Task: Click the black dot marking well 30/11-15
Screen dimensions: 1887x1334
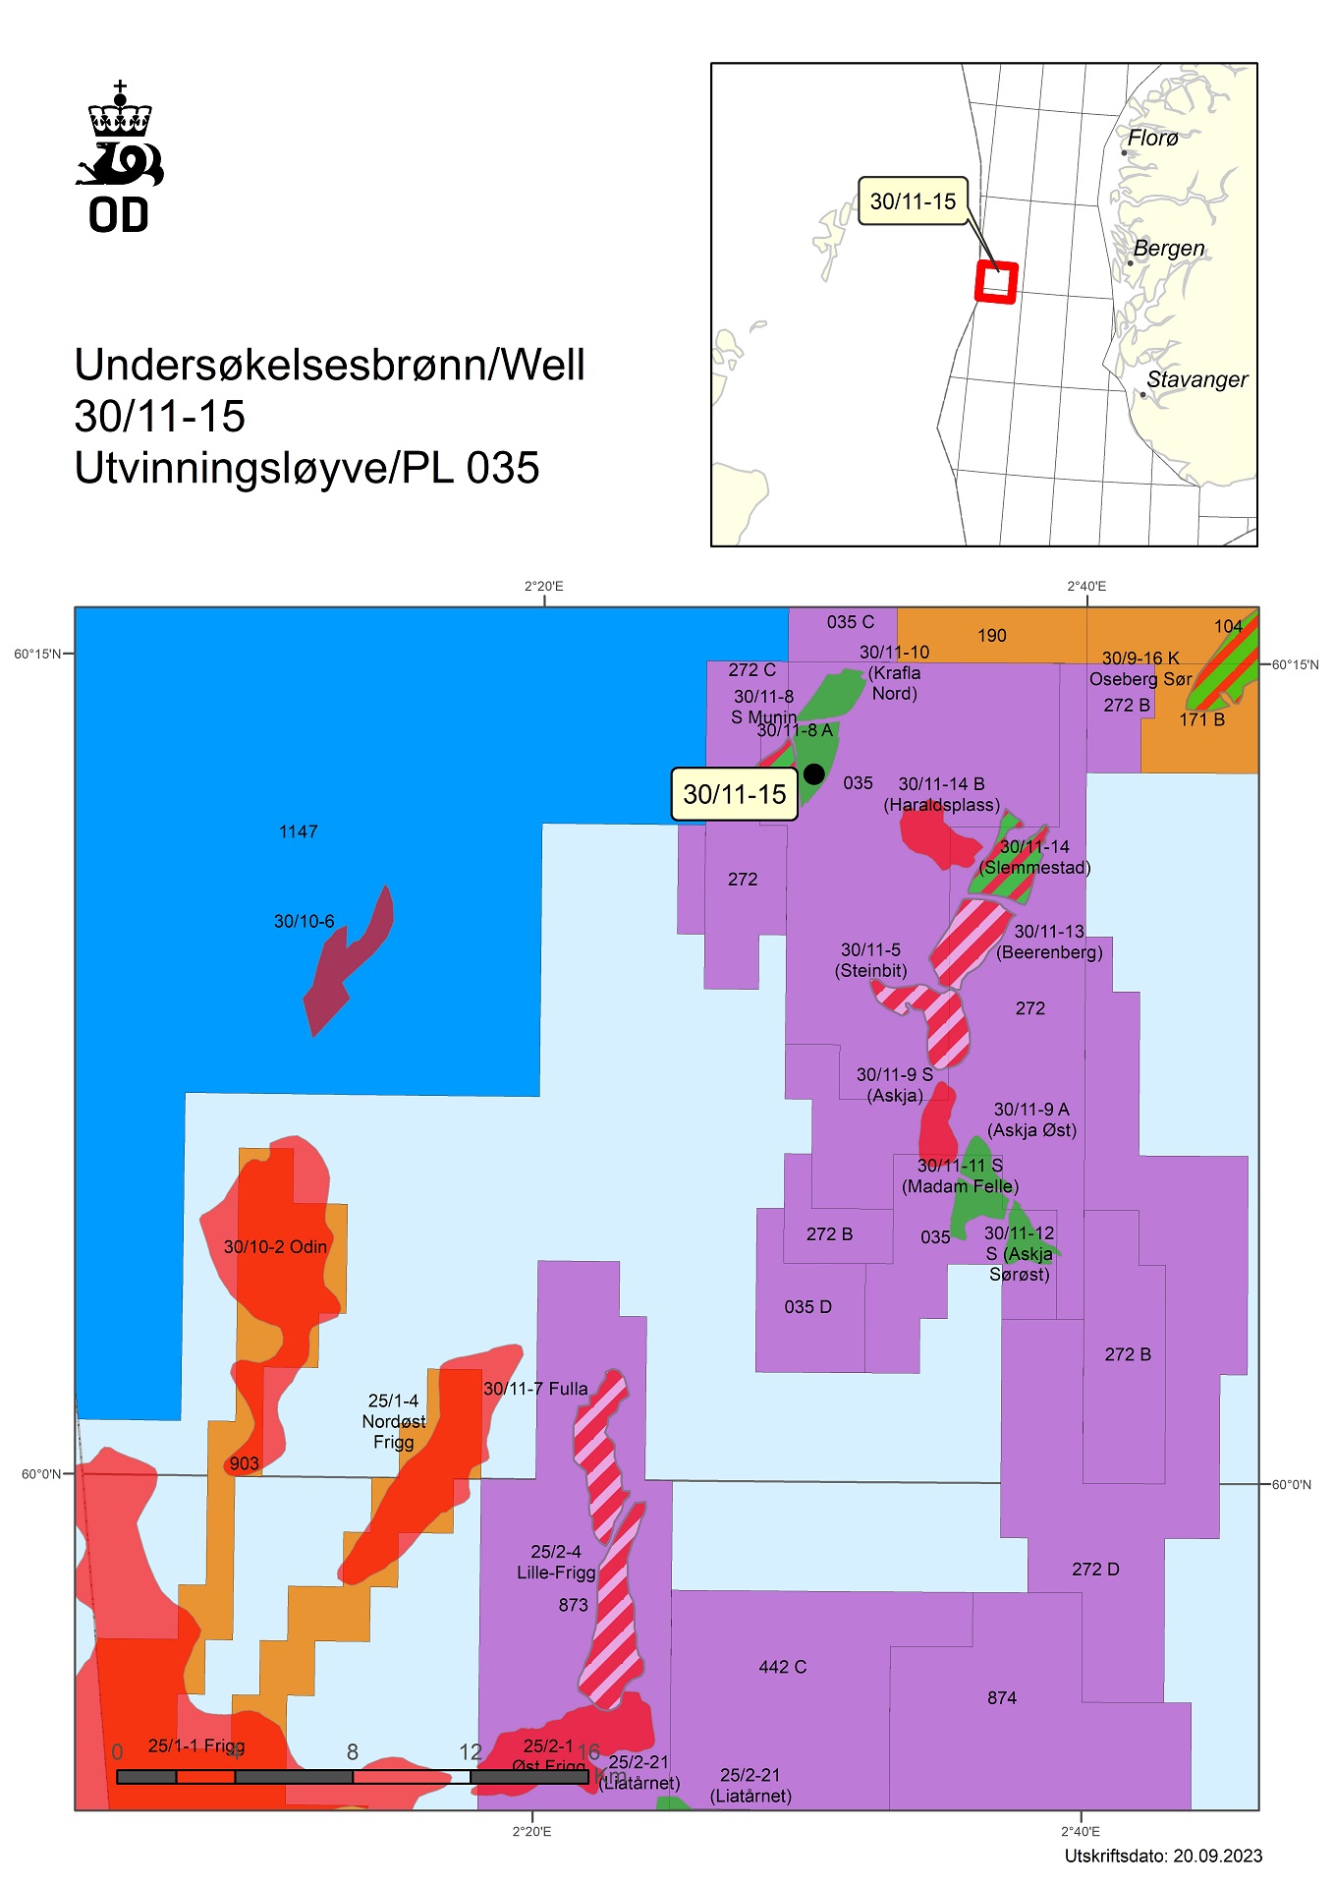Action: [x=813, y=773]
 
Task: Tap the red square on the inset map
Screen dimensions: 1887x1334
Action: [x=996, y=282]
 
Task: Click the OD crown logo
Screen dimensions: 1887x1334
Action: [x=120, y=157]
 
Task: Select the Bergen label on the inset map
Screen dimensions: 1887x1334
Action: [x=1168, y=249]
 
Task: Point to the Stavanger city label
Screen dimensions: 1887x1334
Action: [x=1196, y=379]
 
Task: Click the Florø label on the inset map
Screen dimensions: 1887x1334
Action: [x=1152, y=139]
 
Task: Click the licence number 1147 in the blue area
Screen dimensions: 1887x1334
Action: [x=298, y=831]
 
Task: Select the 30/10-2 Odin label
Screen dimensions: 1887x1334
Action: [x=275, y=1246]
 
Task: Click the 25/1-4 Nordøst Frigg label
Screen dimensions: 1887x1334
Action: [x=393, y=1421]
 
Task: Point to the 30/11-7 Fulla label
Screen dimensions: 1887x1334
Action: [x=535, y=1389]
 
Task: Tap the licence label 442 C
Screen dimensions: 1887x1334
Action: [x=782, y=1667]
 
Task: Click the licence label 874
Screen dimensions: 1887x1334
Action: [x=1002, y=1697]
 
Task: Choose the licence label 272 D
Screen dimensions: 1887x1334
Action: [x=1095, y=1570]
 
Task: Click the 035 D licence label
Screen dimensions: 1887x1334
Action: [x=807, y=1307]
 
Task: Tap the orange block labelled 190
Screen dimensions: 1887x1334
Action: [x=991, y=636]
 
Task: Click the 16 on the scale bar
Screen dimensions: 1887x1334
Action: [x=588, y=1751]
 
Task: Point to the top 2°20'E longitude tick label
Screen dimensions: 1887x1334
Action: [x=543, y=587]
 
